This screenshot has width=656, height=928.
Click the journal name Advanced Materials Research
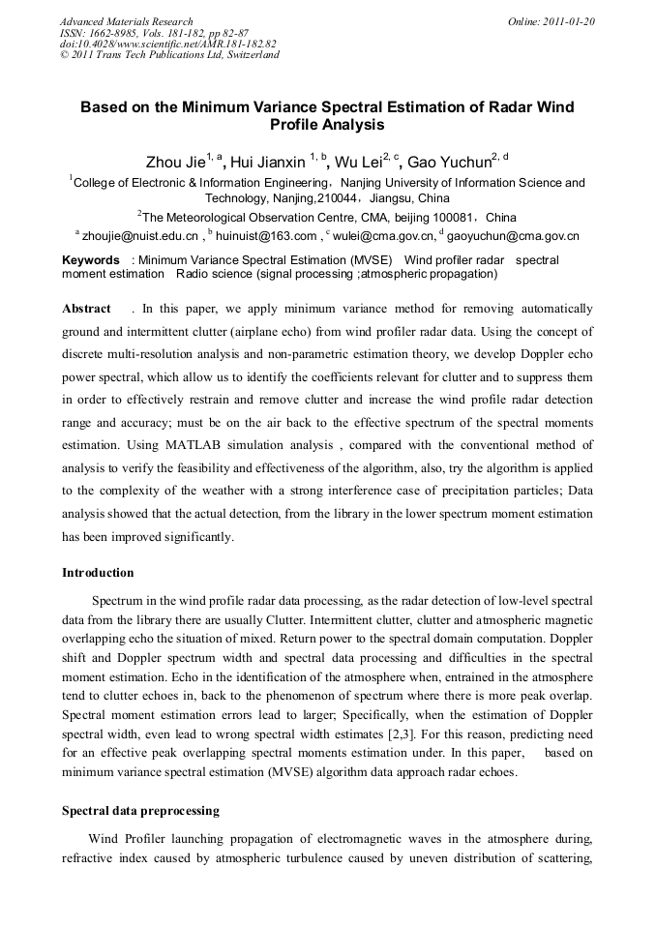click(x=126, y=21)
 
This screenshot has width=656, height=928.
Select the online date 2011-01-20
click(x=566, y=21)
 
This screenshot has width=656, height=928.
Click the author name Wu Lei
click(x=357, y=162)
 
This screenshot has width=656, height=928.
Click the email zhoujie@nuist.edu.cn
click(x=140, y=235)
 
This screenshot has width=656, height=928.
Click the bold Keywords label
click(x=91, y=260)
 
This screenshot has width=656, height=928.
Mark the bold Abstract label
click(x=86, y=309)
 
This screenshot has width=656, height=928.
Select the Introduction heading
click(x=98, y=573)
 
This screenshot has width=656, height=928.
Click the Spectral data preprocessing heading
click(x=140, y=810)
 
